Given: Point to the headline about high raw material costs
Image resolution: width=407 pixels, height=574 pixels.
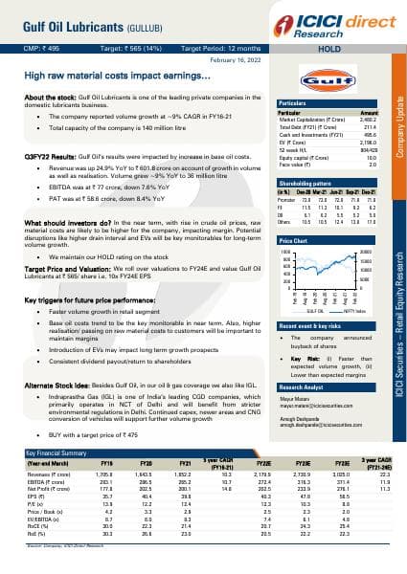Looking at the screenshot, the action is click(x=112, y=73).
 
